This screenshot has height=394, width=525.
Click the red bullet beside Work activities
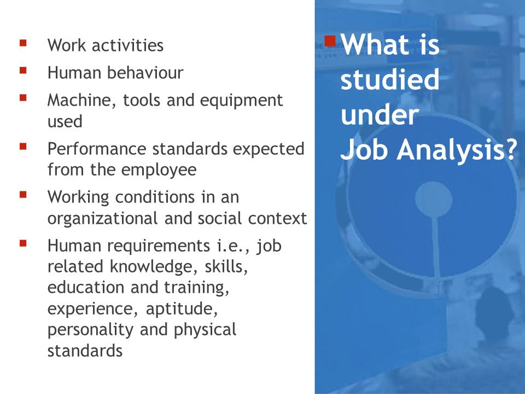pyautogui.click(x=23, y=43)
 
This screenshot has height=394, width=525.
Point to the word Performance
pyautogui.click(x=97, y=149)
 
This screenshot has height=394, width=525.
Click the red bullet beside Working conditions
pyautogui.click(x=23, y=195)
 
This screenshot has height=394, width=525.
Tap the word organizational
pyautogui.click(x=102, y=219)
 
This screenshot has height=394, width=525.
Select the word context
pyautogui.click(x=277, y=219)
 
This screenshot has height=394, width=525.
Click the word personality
pyautogui.click(x=90, y=330)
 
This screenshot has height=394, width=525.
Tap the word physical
pyautogui.click(x=205, y=330)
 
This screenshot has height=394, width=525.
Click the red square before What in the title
pyautogui.click(x=330, y=41)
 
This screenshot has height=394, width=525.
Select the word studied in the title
pyautogui.click(x=390, y=79)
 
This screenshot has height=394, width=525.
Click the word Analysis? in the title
pyautogui.click(x=457, y=149)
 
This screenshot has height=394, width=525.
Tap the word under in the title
pyautogui.click(x=380, y=115)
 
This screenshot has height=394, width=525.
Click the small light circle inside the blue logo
pyautogui.click(x=434, y=199)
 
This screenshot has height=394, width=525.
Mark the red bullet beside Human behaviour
pyautogui.click(x=23, y=71)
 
